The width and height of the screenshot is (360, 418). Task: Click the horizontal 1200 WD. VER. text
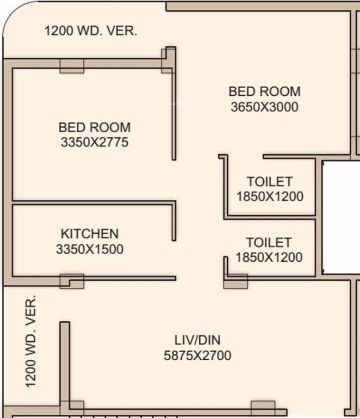pos(91,30)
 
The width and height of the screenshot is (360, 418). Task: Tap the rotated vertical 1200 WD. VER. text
pos(31,341)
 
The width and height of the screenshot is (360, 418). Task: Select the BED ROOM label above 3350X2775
pos(95,127)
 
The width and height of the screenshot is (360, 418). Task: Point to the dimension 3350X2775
pos(95,143)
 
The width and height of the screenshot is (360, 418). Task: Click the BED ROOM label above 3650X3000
pos(264,91)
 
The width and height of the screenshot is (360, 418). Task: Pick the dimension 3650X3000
pos(264,107)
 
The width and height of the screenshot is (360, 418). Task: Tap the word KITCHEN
pos(89,234)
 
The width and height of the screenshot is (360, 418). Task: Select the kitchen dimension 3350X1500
pos(89,249)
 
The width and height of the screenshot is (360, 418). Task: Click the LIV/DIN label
pos(197,340)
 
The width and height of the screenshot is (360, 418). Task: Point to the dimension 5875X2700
pos(197,355)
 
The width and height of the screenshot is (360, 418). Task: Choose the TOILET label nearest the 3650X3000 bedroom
pos(270,181)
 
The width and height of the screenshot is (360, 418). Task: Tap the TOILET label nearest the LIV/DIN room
pos(269,242)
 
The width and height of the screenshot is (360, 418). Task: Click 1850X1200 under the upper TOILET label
pos(270,196)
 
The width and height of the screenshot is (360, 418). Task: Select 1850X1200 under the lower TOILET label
pos(269,257)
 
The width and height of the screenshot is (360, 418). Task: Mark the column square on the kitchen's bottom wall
pos(72,281)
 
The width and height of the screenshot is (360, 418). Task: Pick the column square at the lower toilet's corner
pos(235,281)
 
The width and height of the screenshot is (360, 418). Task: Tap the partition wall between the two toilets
pos(270,218)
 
